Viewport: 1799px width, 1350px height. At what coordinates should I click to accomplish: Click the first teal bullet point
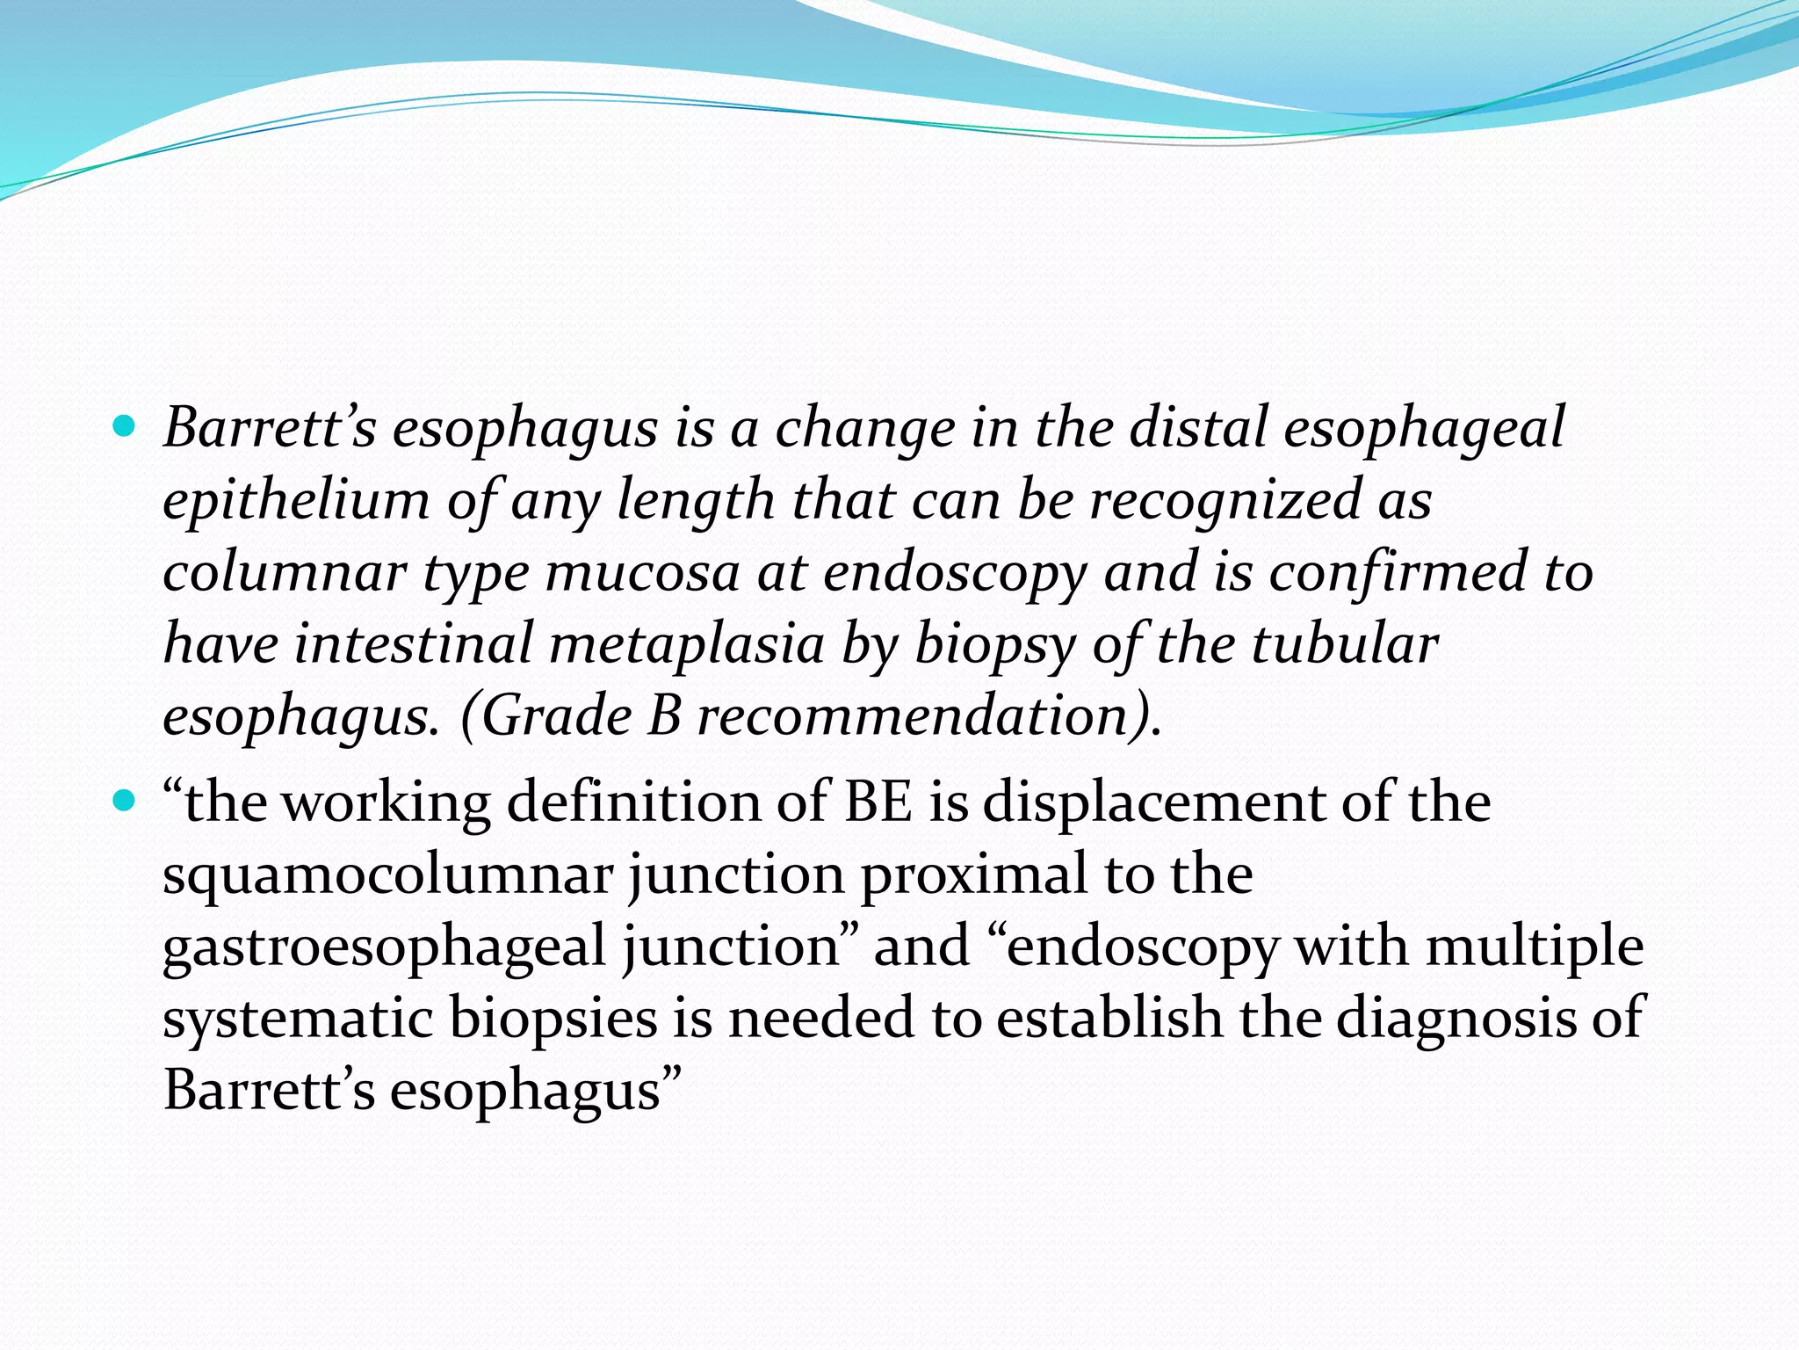coord(125,428)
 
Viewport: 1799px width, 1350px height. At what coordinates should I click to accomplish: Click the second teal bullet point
coord(125,802)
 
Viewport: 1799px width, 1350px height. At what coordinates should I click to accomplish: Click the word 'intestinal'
coord(413,644)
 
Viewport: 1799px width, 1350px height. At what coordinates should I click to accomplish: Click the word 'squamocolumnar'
coord(387,876)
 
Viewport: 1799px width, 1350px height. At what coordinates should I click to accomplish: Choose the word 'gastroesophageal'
coord(385,949)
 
